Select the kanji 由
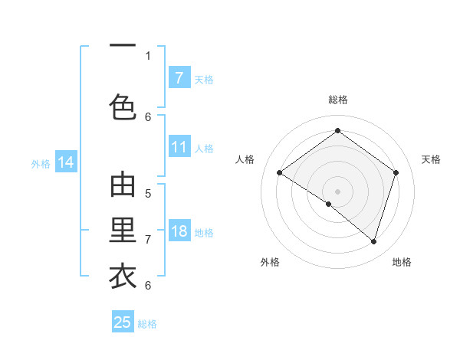coord(123,185)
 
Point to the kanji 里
coord(123,230)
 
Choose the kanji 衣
coord(123,276)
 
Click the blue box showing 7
coord(179,78)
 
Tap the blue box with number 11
coord(179,147)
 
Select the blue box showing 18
coord(179,231)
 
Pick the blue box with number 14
coord(66,162)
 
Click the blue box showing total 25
coord(123,322)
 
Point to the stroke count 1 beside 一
coord(148,55)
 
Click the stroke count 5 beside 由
coord(148,193)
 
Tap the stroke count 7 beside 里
coord(148,239)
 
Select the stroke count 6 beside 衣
coord(148,285)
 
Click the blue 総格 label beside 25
coord(147,324)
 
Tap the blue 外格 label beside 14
coord(41,163)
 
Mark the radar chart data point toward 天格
coord(396,173)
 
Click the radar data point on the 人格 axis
coord(279,173)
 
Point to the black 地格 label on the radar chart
coord(402,262)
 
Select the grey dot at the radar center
coord(337,191)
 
